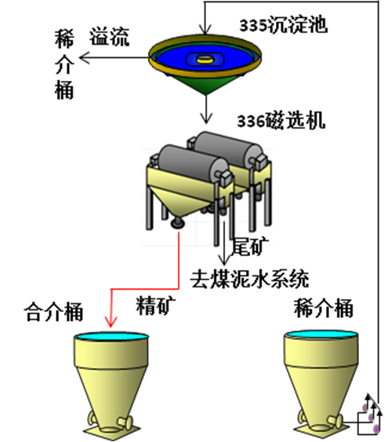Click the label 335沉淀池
283,25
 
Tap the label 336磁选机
281,121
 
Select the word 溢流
110,37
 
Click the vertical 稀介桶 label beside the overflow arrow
64,64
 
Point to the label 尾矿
250,247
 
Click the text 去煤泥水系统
249,279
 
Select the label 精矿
156,305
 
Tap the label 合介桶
53,312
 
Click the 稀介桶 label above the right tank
323,309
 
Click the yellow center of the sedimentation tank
205,59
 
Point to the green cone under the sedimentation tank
206,83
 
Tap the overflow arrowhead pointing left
85,58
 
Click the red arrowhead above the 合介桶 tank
111,322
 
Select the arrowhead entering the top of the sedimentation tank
205,29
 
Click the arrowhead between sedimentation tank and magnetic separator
206,119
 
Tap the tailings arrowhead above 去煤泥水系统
224,260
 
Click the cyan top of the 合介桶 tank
111,336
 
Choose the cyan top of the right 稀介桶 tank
321,334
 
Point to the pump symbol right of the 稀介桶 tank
369,416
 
